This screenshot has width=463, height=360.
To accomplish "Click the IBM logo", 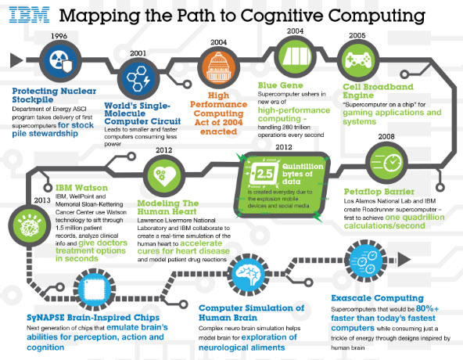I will (33, 16).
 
